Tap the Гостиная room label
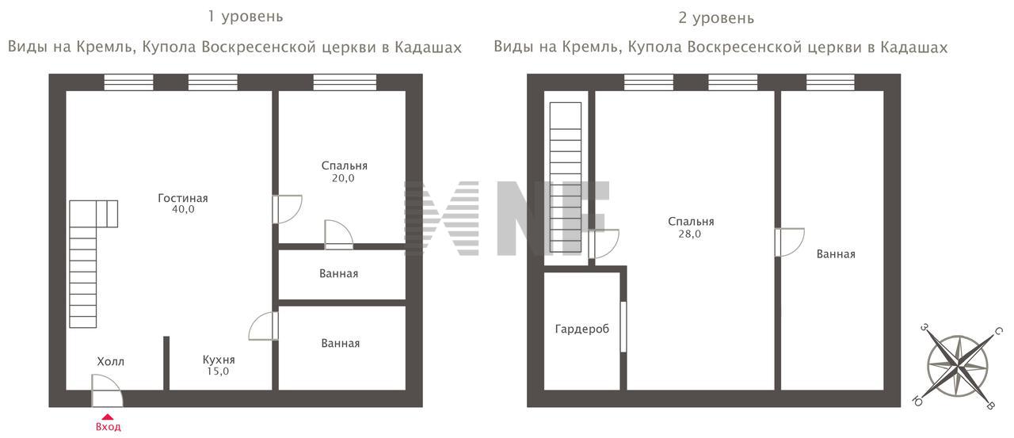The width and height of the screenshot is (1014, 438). click(182, 198)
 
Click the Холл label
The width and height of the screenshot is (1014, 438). click(110, 361)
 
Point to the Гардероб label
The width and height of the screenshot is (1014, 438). click(581, 329)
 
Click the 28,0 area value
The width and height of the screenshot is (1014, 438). click(690, 234)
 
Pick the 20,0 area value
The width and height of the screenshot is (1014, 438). click(344, 178)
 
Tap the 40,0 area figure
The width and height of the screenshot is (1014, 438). click(182, 210)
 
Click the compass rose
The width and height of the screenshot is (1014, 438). click(957, 365)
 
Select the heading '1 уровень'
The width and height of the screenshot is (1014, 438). click(245, 16)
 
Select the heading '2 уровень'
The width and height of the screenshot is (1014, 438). click(716, 17)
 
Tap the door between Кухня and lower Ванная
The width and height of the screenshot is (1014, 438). click(265, 326)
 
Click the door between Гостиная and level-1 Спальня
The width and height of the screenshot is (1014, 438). click(286, 209)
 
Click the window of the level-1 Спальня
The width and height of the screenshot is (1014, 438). click(344, 82)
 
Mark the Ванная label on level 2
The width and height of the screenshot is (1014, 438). click(835, 254)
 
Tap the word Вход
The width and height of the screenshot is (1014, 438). click(108, 428)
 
